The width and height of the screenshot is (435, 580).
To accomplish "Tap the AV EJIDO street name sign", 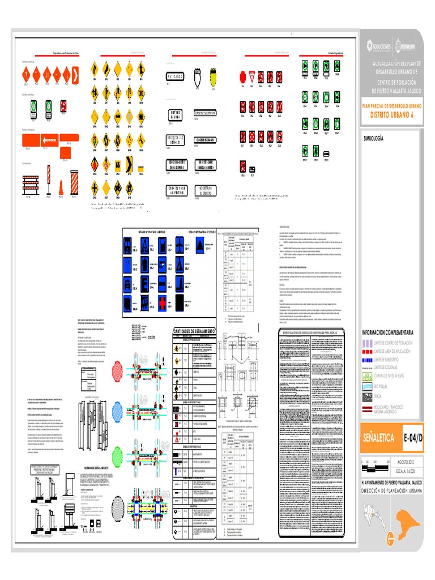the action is click(176, 76).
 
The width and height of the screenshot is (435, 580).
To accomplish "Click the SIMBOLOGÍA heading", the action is click(374, 138).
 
